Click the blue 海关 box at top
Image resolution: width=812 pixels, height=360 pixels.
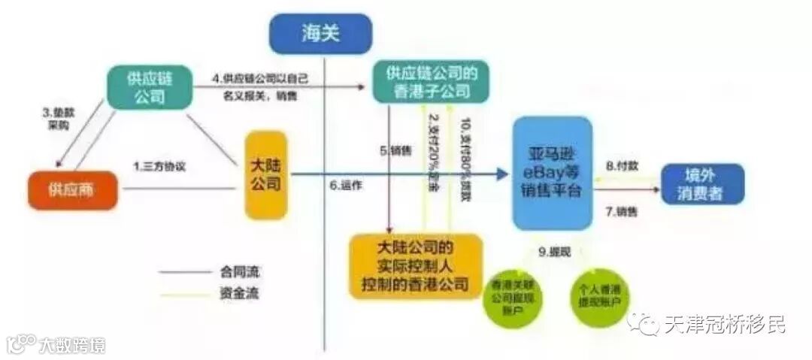[x=320, y=33]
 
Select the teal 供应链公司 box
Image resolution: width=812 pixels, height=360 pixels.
[x=149, y=87]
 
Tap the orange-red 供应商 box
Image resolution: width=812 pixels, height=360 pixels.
[x=74, y=189]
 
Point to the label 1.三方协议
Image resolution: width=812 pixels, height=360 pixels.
[x=159, y=166]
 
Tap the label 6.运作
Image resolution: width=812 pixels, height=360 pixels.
[x=347, y=185]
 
